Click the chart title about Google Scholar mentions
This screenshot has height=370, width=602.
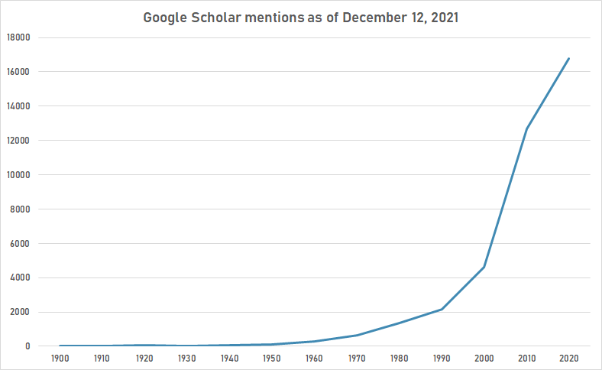[301, 18]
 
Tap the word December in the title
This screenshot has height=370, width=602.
[371, 18]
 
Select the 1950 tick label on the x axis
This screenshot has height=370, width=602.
[271, 358]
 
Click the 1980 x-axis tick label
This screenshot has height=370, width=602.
[399, 358]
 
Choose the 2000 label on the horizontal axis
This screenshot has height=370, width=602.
[484, 358]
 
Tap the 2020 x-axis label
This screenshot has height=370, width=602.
[568, 358]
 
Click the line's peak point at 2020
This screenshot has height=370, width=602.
[568, 58]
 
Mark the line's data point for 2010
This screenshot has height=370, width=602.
[526, 128]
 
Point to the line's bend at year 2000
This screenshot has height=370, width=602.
[484, 267]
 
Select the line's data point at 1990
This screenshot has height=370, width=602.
[442, 310]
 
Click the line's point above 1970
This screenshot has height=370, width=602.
[357, 335]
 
